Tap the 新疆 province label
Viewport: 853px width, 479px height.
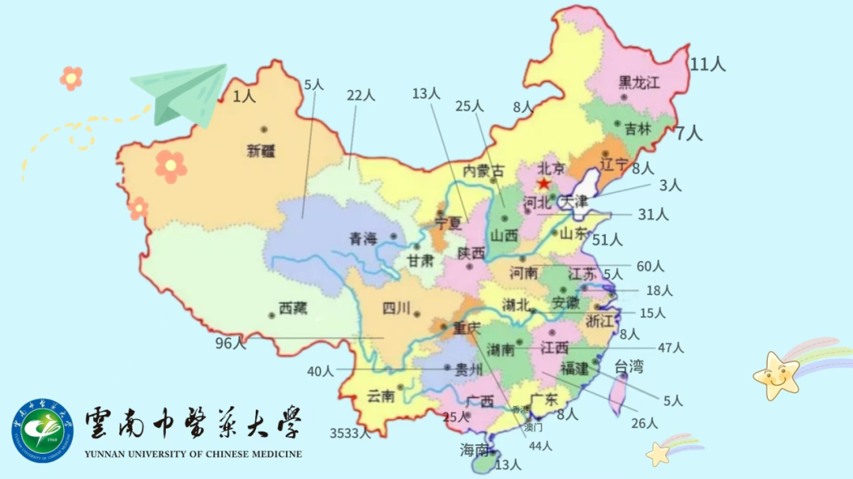(261, 152)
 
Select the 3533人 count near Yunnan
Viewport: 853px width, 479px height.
(350, 432)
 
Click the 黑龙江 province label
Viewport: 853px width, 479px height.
(639, 82)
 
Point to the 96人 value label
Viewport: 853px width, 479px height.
(231, 343)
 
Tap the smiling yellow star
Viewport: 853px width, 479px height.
(776, 376)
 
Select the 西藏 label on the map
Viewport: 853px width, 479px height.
(292, 309)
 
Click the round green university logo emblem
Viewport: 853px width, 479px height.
(42, 430)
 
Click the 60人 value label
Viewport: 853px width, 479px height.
(650, 266)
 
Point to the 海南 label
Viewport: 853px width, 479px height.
(476, 450)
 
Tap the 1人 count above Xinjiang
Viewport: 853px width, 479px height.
(244, 96)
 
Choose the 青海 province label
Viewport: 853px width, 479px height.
(364, 238)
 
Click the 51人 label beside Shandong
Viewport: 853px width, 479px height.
(607, 239)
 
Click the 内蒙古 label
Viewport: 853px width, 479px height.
(483, 170)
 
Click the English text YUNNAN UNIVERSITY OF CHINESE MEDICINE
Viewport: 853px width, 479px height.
(193, 454)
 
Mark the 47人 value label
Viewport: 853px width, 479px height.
(671, 347)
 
